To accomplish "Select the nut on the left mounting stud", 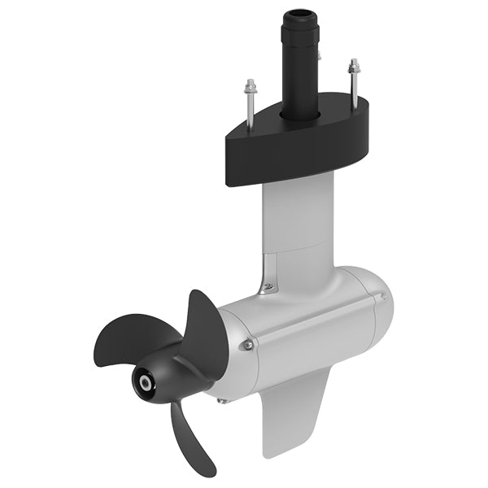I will tap(251, 84).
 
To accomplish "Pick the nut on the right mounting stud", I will tap(353, 63).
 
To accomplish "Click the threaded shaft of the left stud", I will tap(251, 110).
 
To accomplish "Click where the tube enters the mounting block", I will tap(298, 112).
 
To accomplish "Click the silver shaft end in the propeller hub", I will tap(145, 382).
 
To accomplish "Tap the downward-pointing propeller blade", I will tap(191, 439).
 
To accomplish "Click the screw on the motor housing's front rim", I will tap(246, 345).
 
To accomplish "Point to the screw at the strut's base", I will tap(266, 286).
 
